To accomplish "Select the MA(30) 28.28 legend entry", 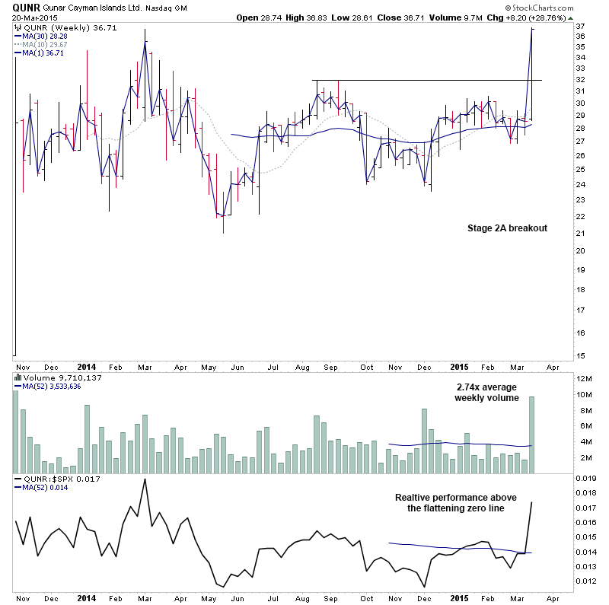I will [x=46, y=35].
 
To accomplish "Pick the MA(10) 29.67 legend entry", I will [x=46, y=44].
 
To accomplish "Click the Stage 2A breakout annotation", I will [x=506, y=228].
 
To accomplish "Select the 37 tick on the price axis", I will [x=580, y=27].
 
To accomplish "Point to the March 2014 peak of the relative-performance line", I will [x=145, y=479].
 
